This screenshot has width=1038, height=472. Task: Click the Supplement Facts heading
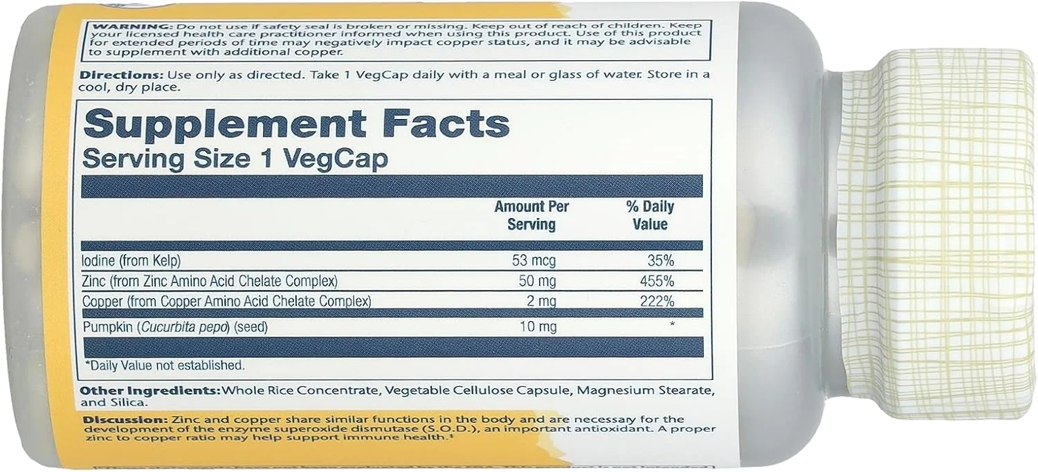[x=296, y=125]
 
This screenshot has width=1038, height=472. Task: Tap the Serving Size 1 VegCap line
[x=235, y=158]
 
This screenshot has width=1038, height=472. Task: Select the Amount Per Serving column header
[x=531, y=215]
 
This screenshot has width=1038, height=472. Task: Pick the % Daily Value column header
[x=649, y=215]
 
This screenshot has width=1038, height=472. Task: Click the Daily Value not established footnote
[x=164, y=365]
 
